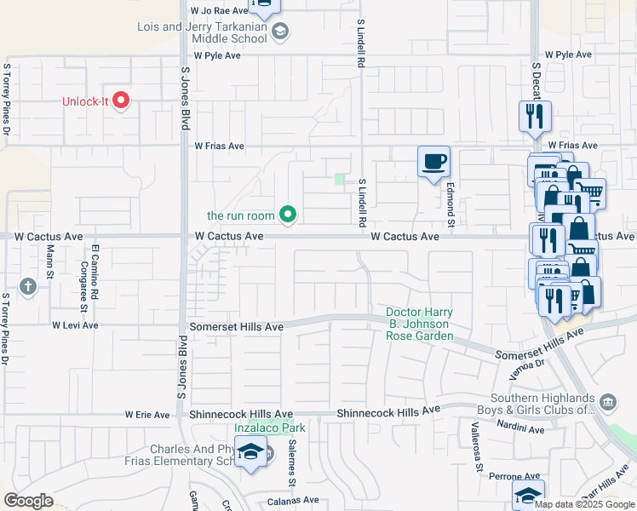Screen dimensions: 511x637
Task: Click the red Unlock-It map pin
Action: click(120, 100)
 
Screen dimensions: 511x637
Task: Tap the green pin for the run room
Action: click(288, 215)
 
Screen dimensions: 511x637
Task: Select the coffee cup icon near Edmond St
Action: click(433, 161)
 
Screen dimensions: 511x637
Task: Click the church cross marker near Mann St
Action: click(28, 286)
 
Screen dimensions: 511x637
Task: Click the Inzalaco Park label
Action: click(269, 428)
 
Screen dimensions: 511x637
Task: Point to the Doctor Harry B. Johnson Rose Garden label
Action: click(420, 324)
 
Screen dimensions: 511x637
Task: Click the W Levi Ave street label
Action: click(75, 325)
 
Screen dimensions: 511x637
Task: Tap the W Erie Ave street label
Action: click(148, 415)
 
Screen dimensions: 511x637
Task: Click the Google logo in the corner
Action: click(29, 500)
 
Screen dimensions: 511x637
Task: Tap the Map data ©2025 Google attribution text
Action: click(585, 504)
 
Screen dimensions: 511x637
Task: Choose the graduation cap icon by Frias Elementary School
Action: click(251, 452)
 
